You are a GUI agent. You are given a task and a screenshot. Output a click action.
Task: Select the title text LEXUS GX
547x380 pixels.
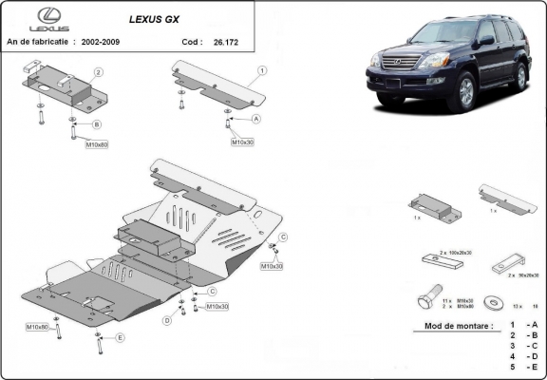(x=158, y=17)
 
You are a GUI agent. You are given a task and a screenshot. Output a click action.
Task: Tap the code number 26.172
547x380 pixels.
(x=227, y=43)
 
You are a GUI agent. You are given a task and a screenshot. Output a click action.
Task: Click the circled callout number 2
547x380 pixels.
(x=98, y=72)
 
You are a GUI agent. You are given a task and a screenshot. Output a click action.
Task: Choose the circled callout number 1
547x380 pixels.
(x=261, y=71)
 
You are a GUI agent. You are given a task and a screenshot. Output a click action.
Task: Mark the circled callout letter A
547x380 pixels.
(x=255, y=120)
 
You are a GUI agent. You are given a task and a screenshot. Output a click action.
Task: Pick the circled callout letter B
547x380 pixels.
(x=97, y=124)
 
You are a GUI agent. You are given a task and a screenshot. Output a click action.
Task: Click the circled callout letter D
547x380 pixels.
(x=167, y=320)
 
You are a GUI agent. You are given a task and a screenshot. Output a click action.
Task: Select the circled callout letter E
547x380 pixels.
(x=120, y=337)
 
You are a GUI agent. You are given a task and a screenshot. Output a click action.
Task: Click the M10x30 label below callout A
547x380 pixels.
(x=242, y=142)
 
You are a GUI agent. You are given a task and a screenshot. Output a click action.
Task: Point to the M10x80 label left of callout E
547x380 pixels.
(x=38, y=327)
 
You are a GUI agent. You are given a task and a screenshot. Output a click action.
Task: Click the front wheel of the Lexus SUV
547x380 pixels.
(x=465, y=95)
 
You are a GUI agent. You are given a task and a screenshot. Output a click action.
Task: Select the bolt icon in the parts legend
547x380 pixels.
(x=427, y=302)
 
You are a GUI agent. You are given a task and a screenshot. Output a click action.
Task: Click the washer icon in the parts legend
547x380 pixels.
(x=493, y=301)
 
